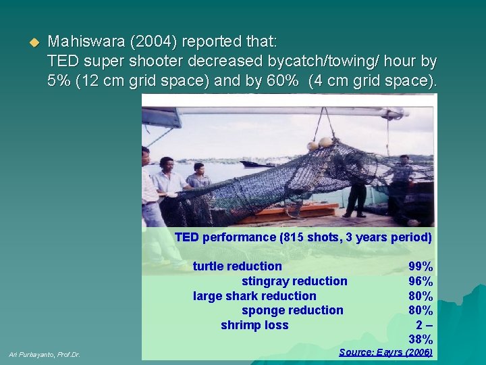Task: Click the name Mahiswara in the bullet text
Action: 82,42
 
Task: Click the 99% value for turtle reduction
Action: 421,266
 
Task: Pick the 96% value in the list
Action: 421,281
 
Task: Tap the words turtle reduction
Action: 237,266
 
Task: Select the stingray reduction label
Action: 294,281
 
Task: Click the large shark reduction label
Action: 254,296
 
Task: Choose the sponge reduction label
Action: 292,310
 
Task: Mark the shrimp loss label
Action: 254,325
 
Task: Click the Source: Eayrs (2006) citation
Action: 385,352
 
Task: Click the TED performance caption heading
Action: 303,237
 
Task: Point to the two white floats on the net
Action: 319,143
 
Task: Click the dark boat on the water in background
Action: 257,164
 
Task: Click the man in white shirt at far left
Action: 150,189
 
